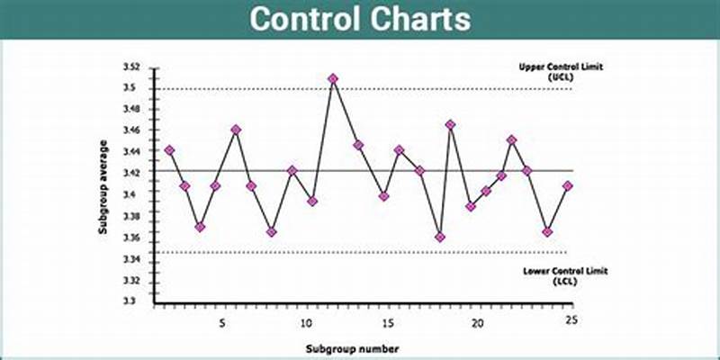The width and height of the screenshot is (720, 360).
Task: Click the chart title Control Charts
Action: [359, 19]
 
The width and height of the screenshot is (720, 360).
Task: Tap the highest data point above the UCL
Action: [333, 79]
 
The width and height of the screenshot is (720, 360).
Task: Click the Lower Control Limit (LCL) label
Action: [552, 275]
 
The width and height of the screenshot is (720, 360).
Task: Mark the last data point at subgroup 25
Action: [568, 185]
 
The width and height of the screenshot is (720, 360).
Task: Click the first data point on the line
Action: [169, 149]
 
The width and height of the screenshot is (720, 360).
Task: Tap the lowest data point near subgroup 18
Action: [440, 237]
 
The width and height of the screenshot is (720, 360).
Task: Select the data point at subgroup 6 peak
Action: [236, 130]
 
